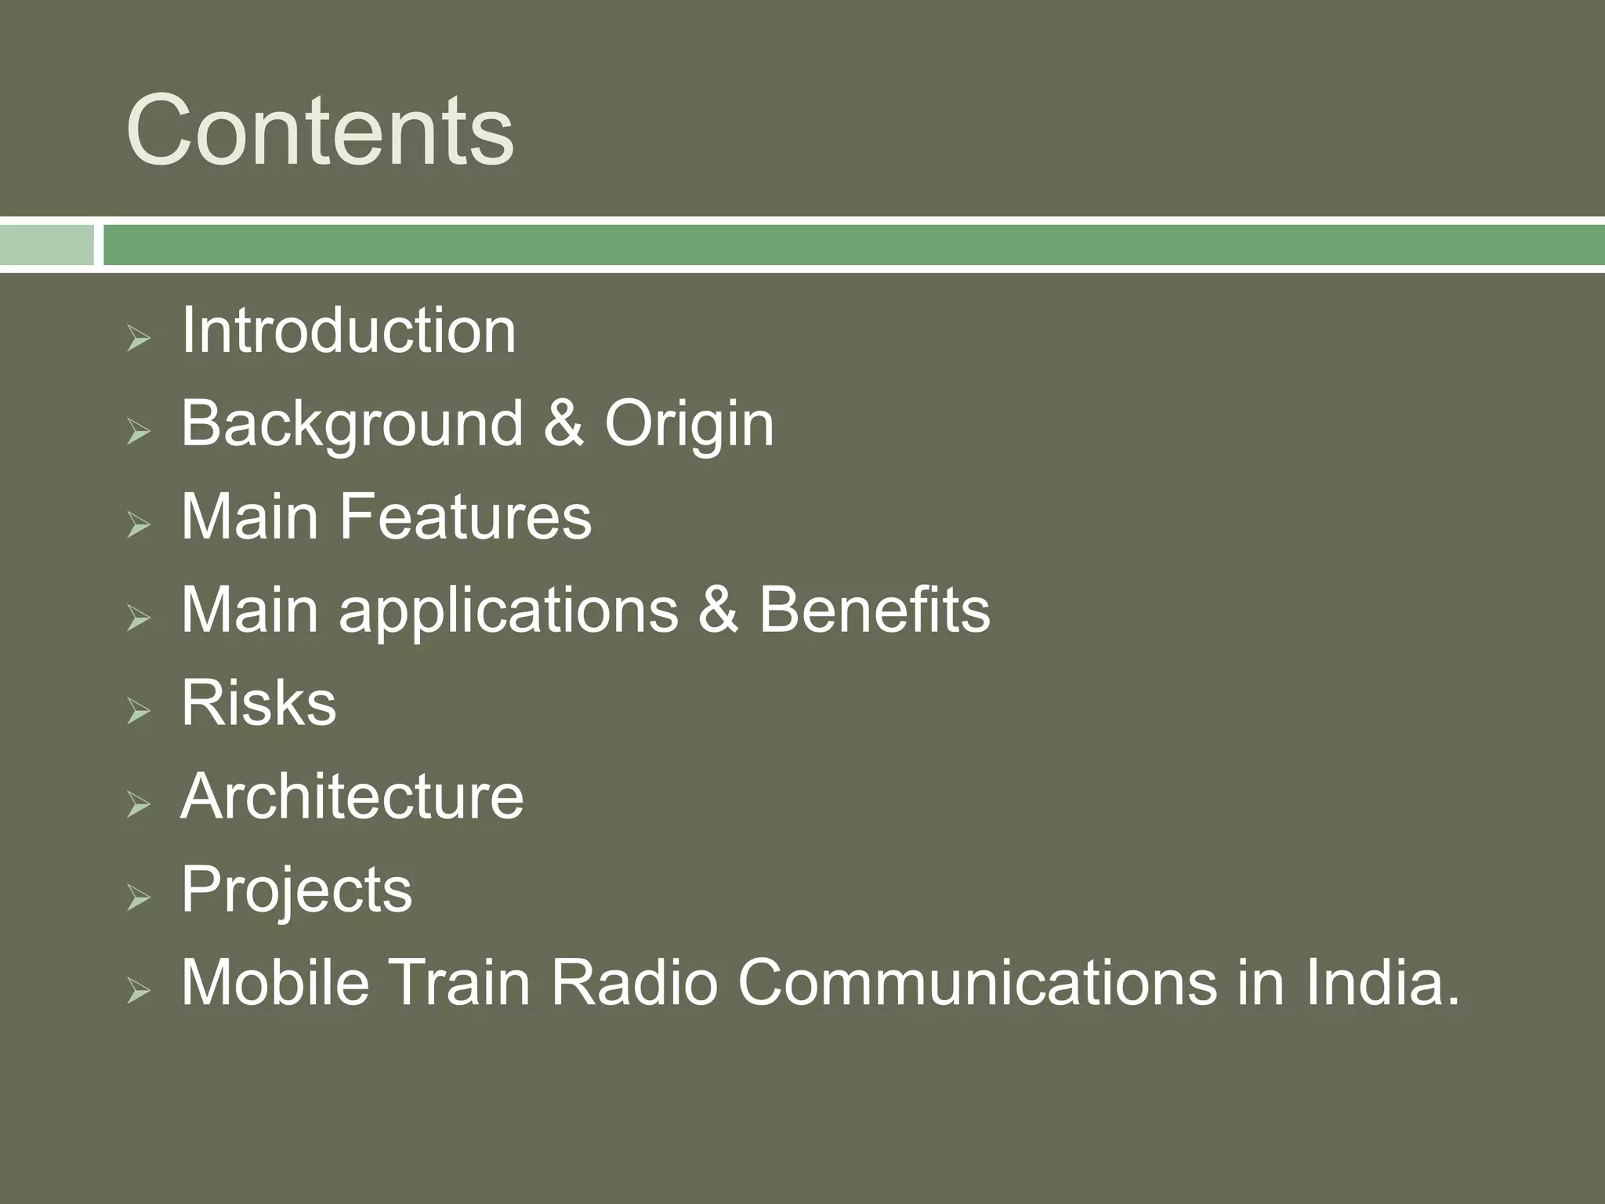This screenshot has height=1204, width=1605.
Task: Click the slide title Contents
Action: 320,130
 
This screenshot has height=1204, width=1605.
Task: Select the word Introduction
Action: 348,330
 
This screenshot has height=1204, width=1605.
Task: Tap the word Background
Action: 352,424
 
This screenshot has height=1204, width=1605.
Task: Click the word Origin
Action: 689,424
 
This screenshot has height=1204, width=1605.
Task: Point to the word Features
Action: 466,517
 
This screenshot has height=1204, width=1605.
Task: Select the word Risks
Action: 259,702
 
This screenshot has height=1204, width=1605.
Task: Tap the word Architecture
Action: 352,796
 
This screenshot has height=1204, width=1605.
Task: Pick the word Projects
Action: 296,890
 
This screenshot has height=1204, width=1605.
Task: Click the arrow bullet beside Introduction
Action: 138,339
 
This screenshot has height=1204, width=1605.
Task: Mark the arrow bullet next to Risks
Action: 138,711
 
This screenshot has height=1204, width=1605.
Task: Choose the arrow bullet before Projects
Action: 138,898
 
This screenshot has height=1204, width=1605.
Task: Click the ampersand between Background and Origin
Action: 563,424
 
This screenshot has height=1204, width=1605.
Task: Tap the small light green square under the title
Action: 46,245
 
